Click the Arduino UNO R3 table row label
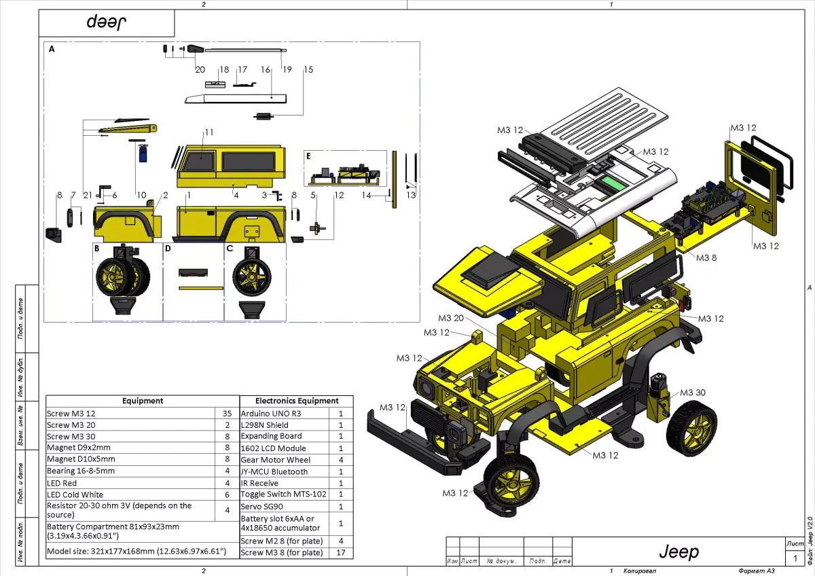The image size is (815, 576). [x=271, y=413]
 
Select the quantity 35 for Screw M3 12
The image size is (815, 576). [x=227, y=413]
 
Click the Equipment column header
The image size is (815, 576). [x=143, y=401]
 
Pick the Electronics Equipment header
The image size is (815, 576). [x=297, y=401]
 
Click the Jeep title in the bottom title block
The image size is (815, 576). [x=678, y=552]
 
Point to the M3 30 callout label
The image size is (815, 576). [x=692, y=393]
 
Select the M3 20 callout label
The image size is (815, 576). [x=451, y=318]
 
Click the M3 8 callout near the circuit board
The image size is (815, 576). [x=706, y=257]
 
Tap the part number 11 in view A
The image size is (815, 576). [x=209, y=132]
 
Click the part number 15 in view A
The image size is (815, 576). [x=308, y=69]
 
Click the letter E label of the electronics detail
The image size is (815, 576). [x=309, y=156]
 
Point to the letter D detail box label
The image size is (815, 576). [x=168, y=249]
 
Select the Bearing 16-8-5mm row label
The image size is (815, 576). [x=81, y=471]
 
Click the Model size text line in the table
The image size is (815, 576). [x=136, y=552]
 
